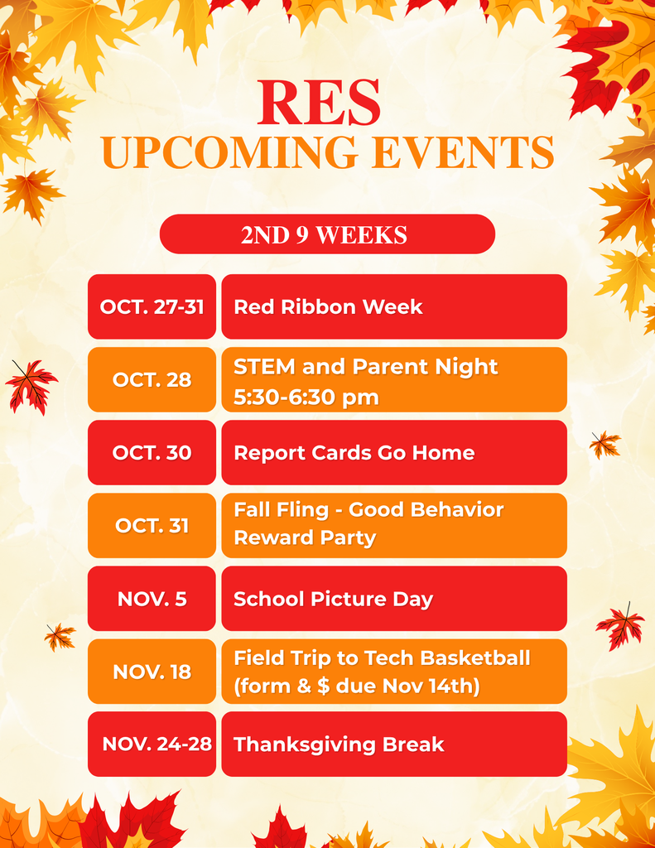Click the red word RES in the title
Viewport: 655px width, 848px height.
pos(319,103)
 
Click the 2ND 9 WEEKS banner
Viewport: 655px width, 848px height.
pos(326,234)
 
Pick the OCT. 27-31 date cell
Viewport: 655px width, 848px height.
pos(152,306)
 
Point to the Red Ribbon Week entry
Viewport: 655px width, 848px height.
pos(328,306)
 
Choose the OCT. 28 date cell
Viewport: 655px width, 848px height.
pos(152,379)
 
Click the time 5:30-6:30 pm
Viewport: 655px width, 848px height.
pos(306,397)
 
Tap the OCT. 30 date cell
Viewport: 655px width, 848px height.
pos(152,452)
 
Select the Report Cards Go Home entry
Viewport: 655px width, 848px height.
pos(354,452)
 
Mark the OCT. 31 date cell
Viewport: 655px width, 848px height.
pos(152,525)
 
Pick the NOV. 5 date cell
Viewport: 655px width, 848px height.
pos(152,598)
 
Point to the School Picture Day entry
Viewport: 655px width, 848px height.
pos(333,598)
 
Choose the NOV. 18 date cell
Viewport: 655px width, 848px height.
pos(152,671)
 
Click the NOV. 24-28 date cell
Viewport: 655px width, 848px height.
pos(157,744)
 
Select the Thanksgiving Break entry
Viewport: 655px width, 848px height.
pos(339,744)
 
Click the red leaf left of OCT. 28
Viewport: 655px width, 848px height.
pos(31,386)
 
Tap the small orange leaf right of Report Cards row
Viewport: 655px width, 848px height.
pos(604,445)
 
